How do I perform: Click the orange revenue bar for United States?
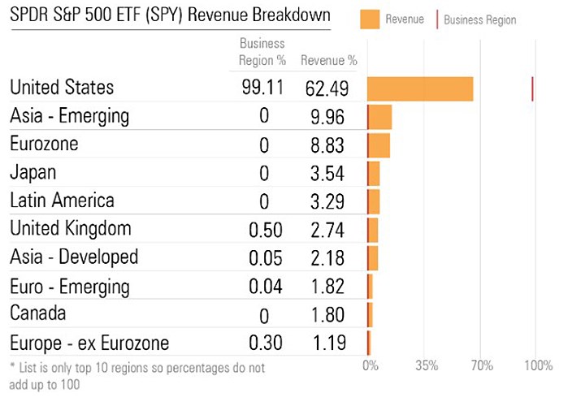point(420,89)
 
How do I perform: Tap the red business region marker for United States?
point(532,89)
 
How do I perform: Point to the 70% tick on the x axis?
point(482,365)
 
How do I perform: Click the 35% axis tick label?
point(427,365)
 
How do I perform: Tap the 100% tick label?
point(537,365)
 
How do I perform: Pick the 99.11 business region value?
point(262,88)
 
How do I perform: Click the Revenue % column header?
point(328,60)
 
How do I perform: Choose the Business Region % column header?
point(262,52)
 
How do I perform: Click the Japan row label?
point(33,172)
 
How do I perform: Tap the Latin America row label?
point(62,201)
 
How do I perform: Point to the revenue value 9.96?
point(328,117)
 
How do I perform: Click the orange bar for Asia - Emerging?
point(379,117)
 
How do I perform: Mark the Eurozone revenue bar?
point(379,145)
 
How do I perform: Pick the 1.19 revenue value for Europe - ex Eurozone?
point(328,343)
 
